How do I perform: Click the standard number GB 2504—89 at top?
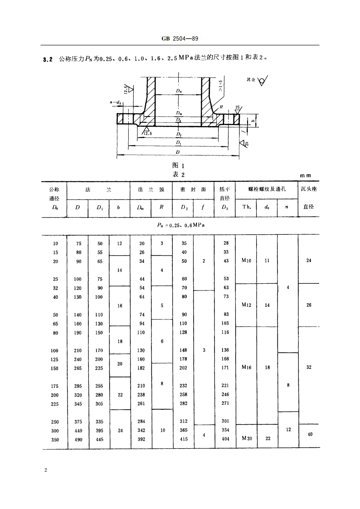[180, 39]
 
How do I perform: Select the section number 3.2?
[48, 58]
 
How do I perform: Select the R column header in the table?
[162, 207]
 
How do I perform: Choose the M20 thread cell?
[247, 438]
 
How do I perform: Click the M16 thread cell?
[247, 368]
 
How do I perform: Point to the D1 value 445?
[100, 439]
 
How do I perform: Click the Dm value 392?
[141, 439]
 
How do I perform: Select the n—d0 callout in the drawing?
[116, 103]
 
